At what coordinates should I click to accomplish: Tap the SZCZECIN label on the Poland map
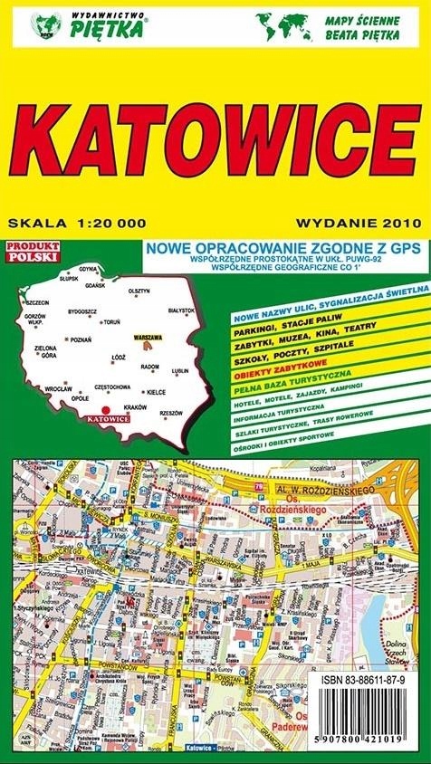pos(36,301)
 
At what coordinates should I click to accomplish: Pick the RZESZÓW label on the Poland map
pos(170,412)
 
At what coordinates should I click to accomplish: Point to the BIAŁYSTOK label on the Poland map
pos(182,309)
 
